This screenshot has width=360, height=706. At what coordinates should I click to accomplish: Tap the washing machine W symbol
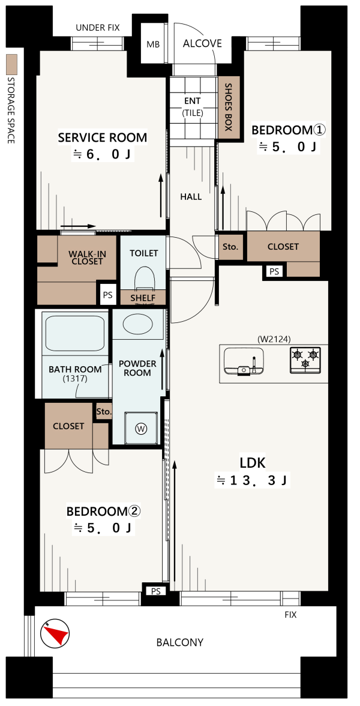coord(142,429)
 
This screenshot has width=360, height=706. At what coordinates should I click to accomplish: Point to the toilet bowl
coord(145,279)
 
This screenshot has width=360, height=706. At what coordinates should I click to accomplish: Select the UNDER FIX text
coord(98,28)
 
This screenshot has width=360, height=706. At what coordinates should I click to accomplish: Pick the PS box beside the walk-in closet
coord(107,295)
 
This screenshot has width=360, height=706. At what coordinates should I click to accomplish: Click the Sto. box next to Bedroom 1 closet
coord(231,247)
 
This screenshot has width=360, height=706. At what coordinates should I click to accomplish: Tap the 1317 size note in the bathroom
coord(74,379)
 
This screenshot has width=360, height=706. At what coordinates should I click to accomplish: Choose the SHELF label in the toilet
coord(143,298)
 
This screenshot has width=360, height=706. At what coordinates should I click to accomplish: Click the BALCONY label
coord(180,642)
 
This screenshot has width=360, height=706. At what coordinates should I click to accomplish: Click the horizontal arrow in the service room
coord(78,226)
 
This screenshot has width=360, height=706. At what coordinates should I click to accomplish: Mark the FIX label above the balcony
coord(290,615)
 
